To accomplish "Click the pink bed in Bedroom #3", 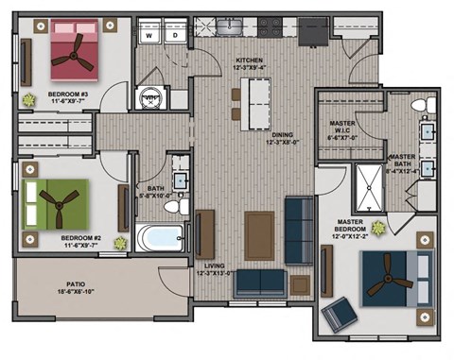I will (x=73, y=54).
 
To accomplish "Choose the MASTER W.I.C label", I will (x=341, y=128).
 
